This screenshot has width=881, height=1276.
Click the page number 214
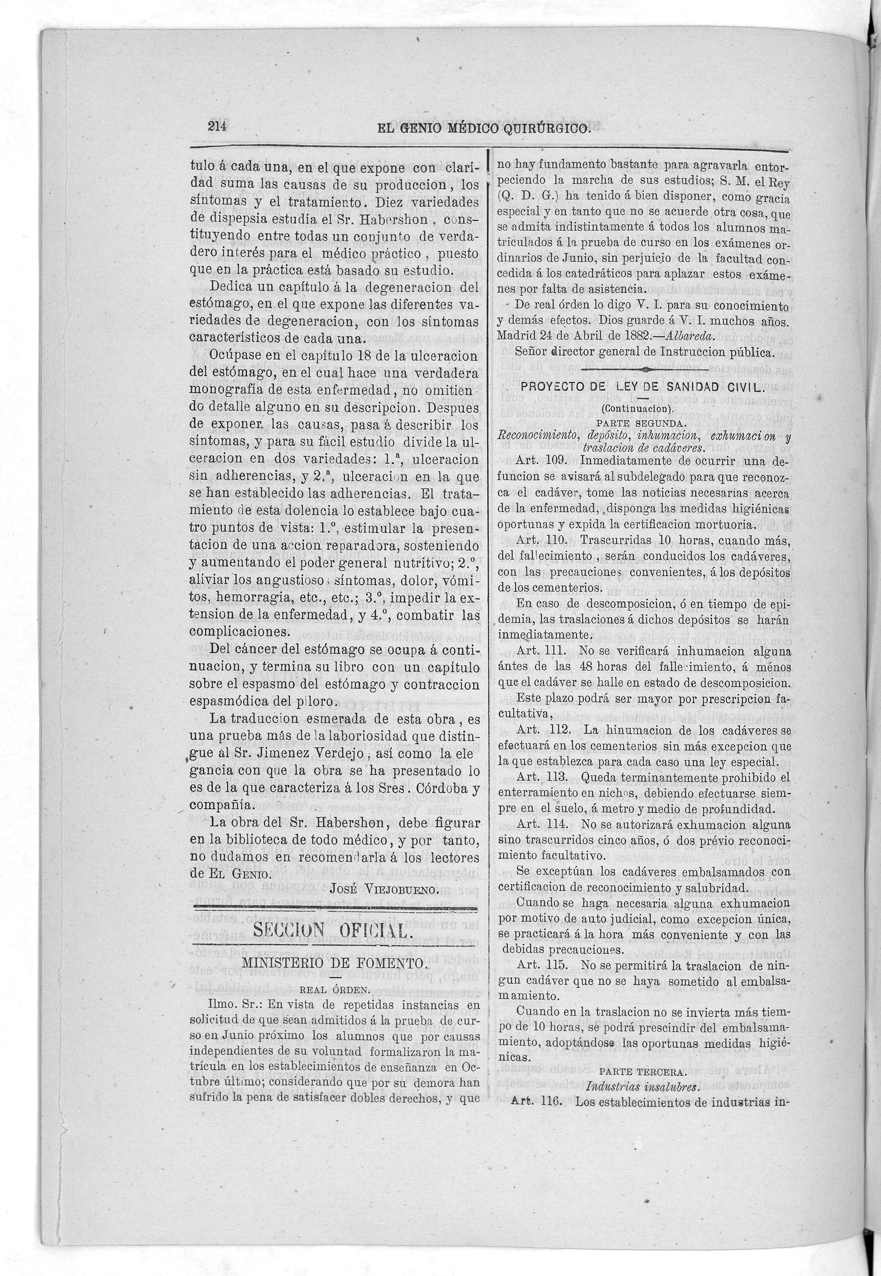pos(219,126)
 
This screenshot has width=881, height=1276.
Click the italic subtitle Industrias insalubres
pos(643,1252)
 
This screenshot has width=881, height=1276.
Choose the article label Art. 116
pos(537,1267)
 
